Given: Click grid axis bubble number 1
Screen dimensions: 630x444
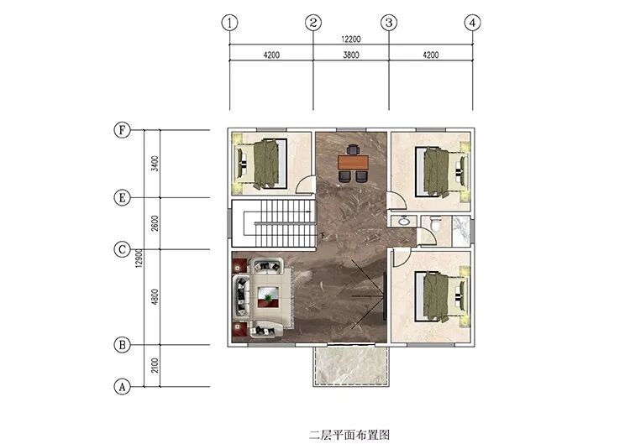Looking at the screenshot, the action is [229, 23].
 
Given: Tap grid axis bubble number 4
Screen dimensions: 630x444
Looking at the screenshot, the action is [472, 23].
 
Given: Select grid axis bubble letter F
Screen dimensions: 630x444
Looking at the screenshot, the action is [122, 130].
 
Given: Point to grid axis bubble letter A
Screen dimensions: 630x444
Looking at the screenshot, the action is [122, 387].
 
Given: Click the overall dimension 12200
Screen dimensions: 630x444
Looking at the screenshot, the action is [351, 39].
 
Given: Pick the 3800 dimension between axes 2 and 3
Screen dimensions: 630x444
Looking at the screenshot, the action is [351, 55].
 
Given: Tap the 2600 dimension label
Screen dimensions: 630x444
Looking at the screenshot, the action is [155, 223].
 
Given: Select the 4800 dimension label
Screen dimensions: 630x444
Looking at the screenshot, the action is [155, 296].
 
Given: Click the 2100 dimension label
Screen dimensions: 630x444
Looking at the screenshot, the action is [155, 365].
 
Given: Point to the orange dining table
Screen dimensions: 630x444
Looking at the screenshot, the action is [353, 163].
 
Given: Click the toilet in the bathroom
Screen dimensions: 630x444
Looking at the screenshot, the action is [435, 223].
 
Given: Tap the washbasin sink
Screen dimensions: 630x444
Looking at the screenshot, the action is [403, 221].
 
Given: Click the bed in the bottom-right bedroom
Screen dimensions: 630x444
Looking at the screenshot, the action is [442, 296].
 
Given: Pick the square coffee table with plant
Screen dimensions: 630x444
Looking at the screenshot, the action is [268, 296].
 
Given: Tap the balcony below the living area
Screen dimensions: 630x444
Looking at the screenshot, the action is [351, 366].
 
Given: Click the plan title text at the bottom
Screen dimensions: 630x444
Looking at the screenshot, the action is [349, 435].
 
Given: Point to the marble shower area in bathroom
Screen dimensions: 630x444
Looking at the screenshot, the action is [461, 232].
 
